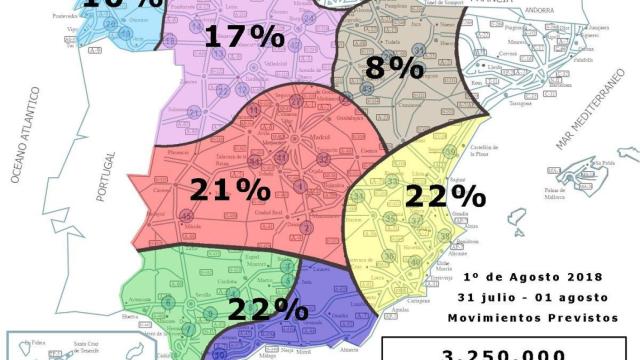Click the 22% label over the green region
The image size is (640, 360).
point(268,308)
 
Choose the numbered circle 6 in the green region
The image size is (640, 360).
point(167,301)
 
